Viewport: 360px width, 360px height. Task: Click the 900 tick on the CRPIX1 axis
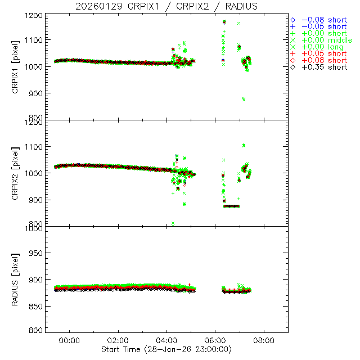(38, 93)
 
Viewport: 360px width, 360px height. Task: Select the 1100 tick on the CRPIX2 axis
(36, 147)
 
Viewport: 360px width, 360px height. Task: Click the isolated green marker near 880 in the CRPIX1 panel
(244, 99)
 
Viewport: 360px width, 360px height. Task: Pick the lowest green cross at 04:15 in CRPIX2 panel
(173, 224)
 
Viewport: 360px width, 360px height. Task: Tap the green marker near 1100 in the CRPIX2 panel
(244, 145)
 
